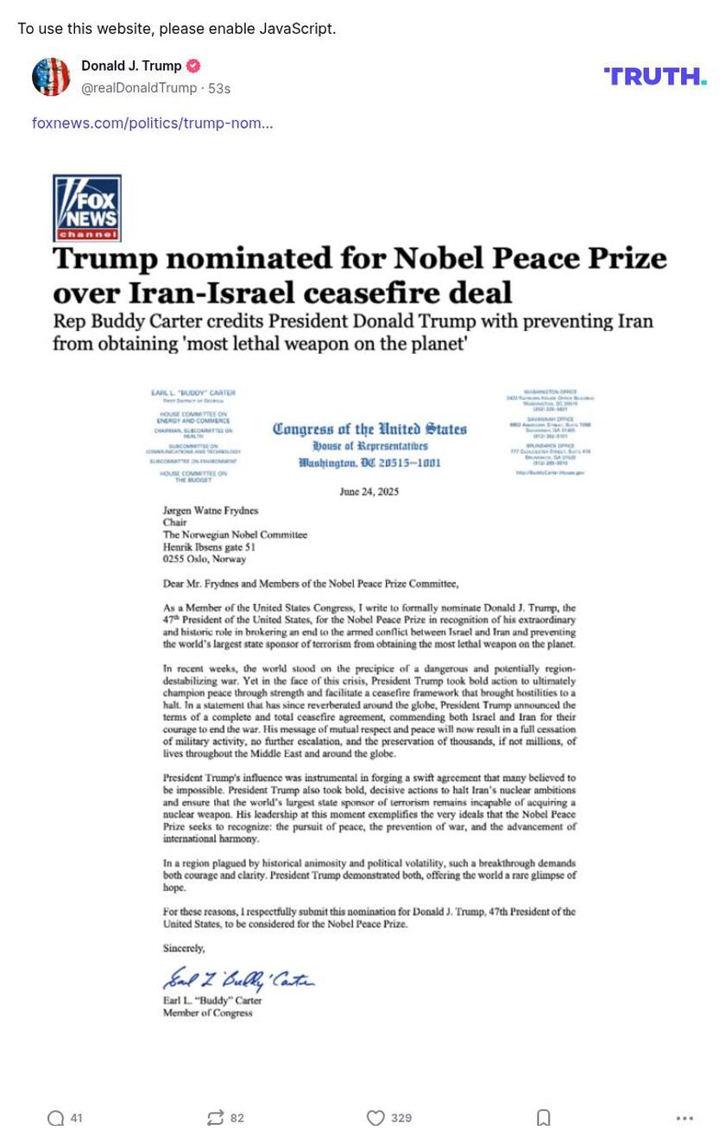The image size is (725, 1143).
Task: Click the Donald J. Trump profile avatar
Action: [x=51, y=77]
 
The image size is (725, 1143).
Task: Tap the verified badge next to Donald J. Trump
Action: [x=193, y=66]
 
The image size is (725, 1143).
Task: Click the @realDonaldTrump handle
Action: [x=139, y=88]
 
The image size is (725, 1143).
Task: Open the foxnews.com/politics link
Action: [x=153, y=123]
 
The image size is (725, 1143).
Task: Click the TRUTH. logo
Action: [x=655, y=76]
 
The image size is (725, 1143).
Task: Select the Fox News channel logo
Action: [x=87, y=208]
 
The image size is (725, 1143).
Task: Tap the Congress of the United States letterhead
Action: [x=369, y=429]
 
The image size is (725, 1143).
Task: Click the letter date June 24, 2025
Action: [x=369, y=492]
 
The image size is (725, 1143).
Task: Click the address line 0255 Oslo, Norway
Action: [x=205, y=559]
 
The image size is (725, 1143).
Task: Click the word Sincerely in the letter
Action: [x=184, y=948]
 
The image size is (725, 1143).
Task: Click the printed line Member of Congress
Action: [x=208, y=1013]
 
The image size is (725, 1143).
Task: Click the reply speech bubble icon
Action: [x=56, y=1118]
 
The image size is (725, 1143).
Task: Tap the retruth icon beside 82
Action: [x=216, y=1118]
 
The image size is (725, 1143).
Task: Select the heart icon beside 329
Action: [x=375, y=1118]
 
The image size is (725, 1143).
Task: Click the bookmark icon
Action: [x=544, y=1118]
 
